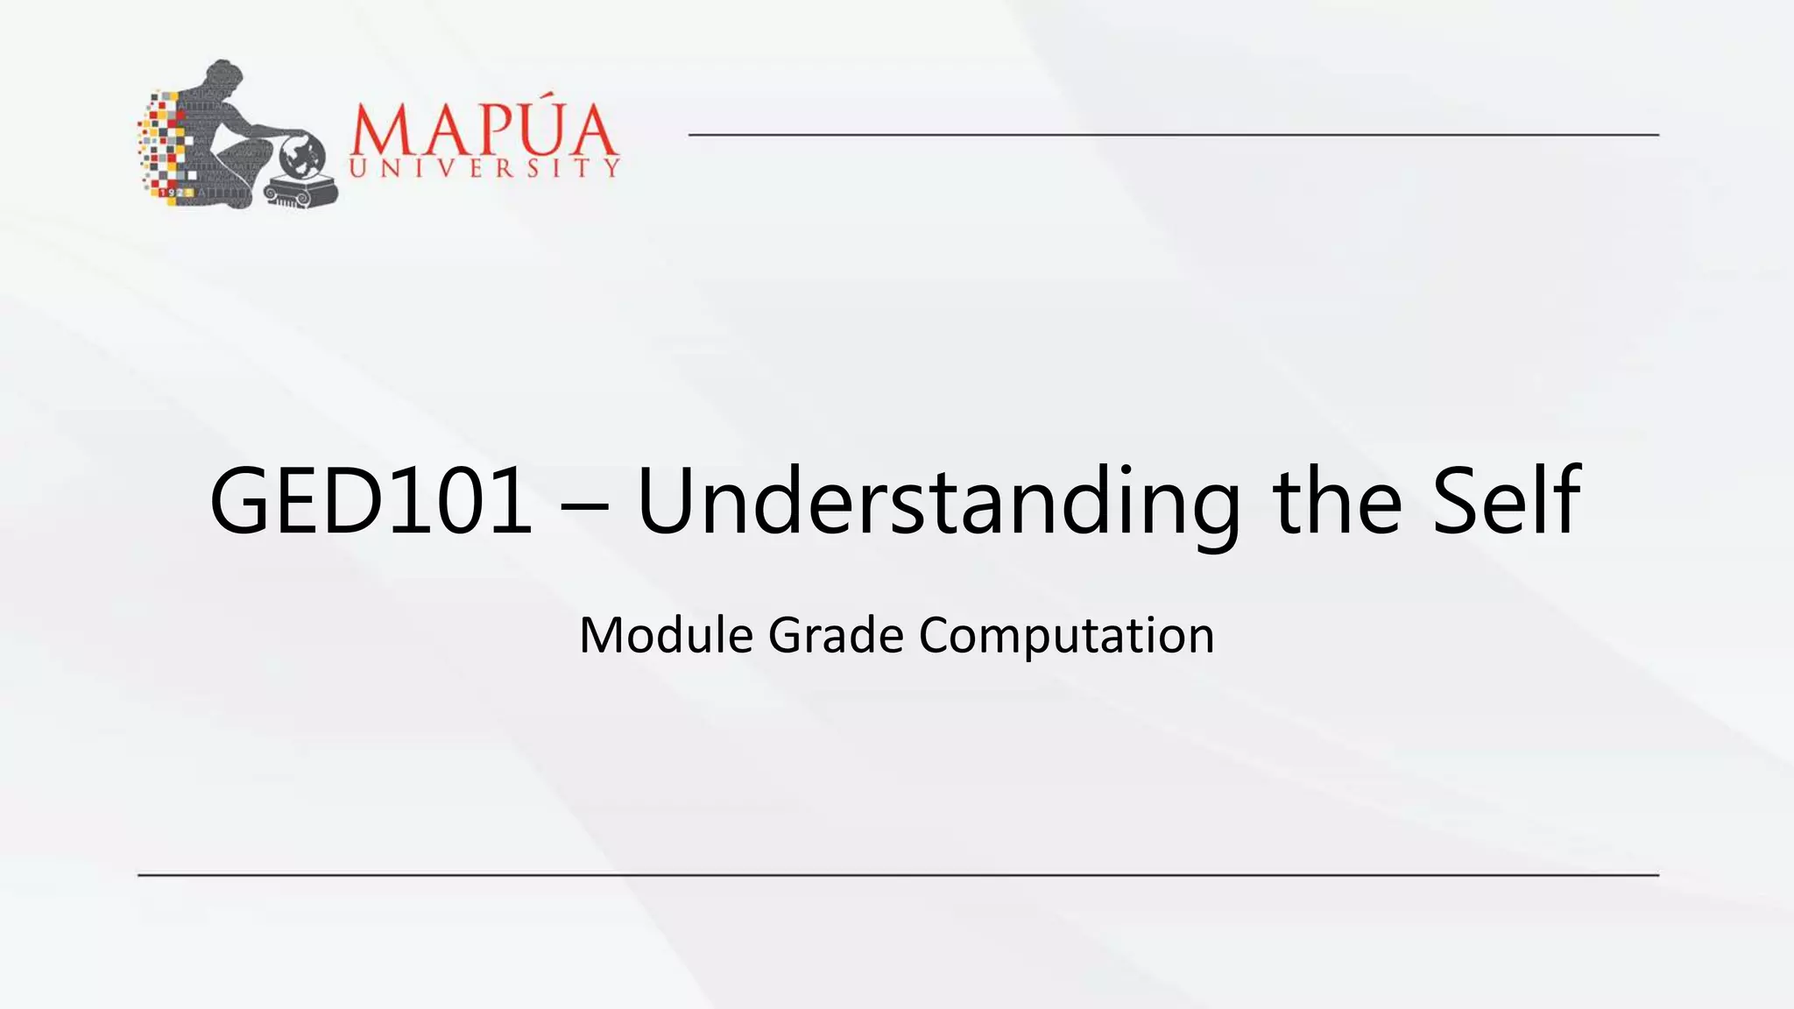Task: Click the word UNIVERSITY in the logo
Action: tap(484, 168)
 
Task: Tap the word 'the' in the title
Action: tap(1337, 502)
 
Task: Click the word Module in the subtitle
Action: tap(666, 635)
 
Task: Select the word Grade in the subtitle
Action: tap(836, 635)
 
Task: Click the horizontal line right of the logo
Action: tap(1174, 135)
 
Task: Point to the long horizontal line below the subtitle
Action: tap(898, 875)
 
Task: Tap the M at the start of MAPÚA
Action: tap(378, 132)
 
